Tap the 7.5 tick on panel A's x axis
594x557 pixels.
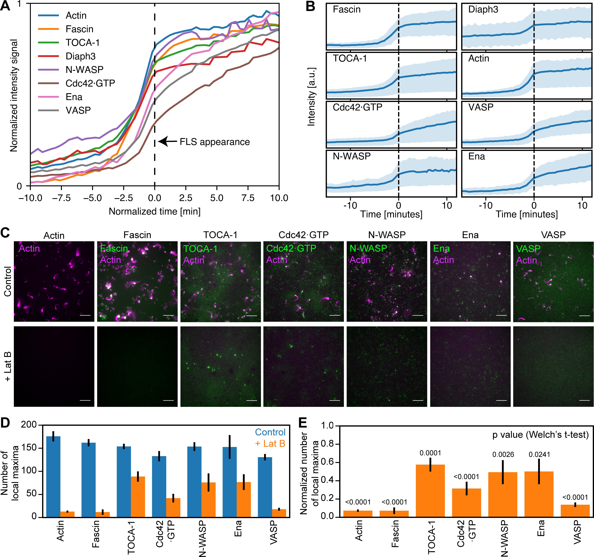(248, 198)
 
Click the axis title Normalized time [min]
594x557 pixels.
(154, 211)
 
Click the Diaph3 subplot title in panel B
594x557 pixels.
(483, 10)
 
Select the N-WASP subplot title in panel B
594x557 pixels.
(352, 156)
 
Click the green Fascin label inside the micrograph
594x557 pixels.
(114, 248)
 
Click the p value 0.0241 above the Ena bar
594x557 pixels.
(539, 455)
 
